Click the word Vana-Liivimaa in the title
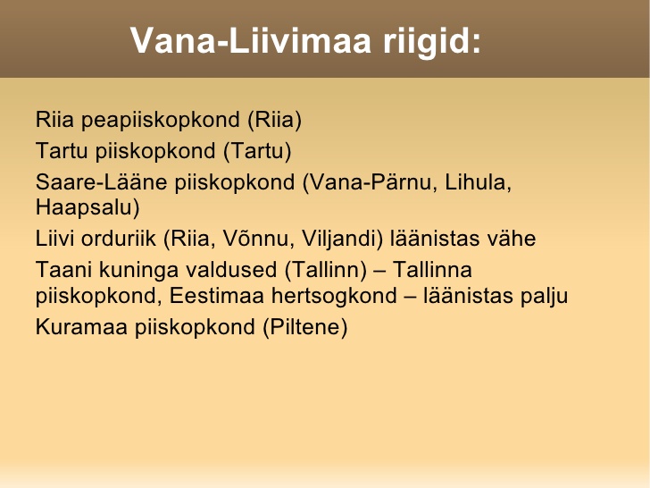click(251, 40)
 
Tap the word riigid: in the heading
click(432, 42)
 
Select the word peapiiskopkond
click(161, 121)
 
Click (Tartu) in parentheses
click(257, 151)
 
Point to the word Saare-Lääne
click(101, 181)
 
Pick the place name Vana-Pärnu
click(371, 182)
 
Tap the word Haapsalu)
click(87, 207)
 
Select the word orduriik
click(118, 238)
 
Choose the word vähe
click(511, 238)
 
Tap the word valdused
click(231, 270)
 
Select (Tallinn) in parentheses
click(326, 271)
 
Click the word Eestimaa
click(217, 296)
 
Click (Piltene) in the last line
click(305, 327)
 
